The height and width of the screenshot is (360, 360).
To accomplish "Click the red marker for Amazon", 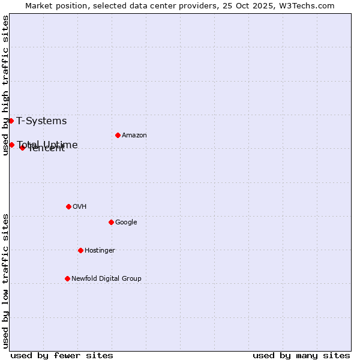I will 118,135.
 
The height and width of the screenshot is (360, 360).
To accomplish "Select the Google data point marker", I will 111,222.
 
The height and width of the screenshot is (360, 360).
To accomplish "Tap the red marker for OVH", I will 68,206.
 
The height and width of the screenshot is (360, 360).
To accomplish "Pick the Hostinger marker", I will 80,250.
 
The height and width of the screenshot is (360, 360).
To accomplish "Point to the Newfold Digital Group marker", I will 67,278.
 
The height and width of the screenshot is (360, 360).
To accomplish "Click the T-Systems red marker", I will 11,121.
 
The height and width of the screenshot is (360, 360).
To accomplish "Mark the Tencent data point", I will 22,148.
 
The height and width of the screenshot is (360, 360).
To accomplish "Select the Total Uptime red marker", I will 11,145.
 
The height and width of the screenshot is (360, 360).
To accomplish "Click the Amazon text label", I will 134,136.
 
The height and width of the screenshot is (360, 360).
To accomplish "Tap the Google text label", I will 126,223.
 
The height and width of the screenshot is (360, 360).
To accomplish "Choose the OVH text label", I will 80,207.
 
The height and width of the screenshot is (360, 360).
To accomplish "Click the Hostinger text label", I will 100,251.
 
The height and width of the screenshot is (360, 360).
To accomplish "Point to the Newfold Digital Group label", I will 106,279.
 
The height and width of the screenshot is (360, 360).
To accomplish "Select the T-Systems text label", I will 41,121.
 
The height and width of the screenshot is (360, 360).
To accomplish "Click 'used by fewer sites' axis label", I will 62,355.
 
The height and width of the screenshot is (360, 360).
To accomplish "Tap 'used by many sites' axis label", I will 301,355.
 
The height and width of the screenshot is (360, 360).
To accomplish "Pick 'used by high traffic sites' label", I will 6,85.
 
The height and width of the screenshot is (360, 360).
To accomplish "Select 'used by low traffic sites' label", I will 6,281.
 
